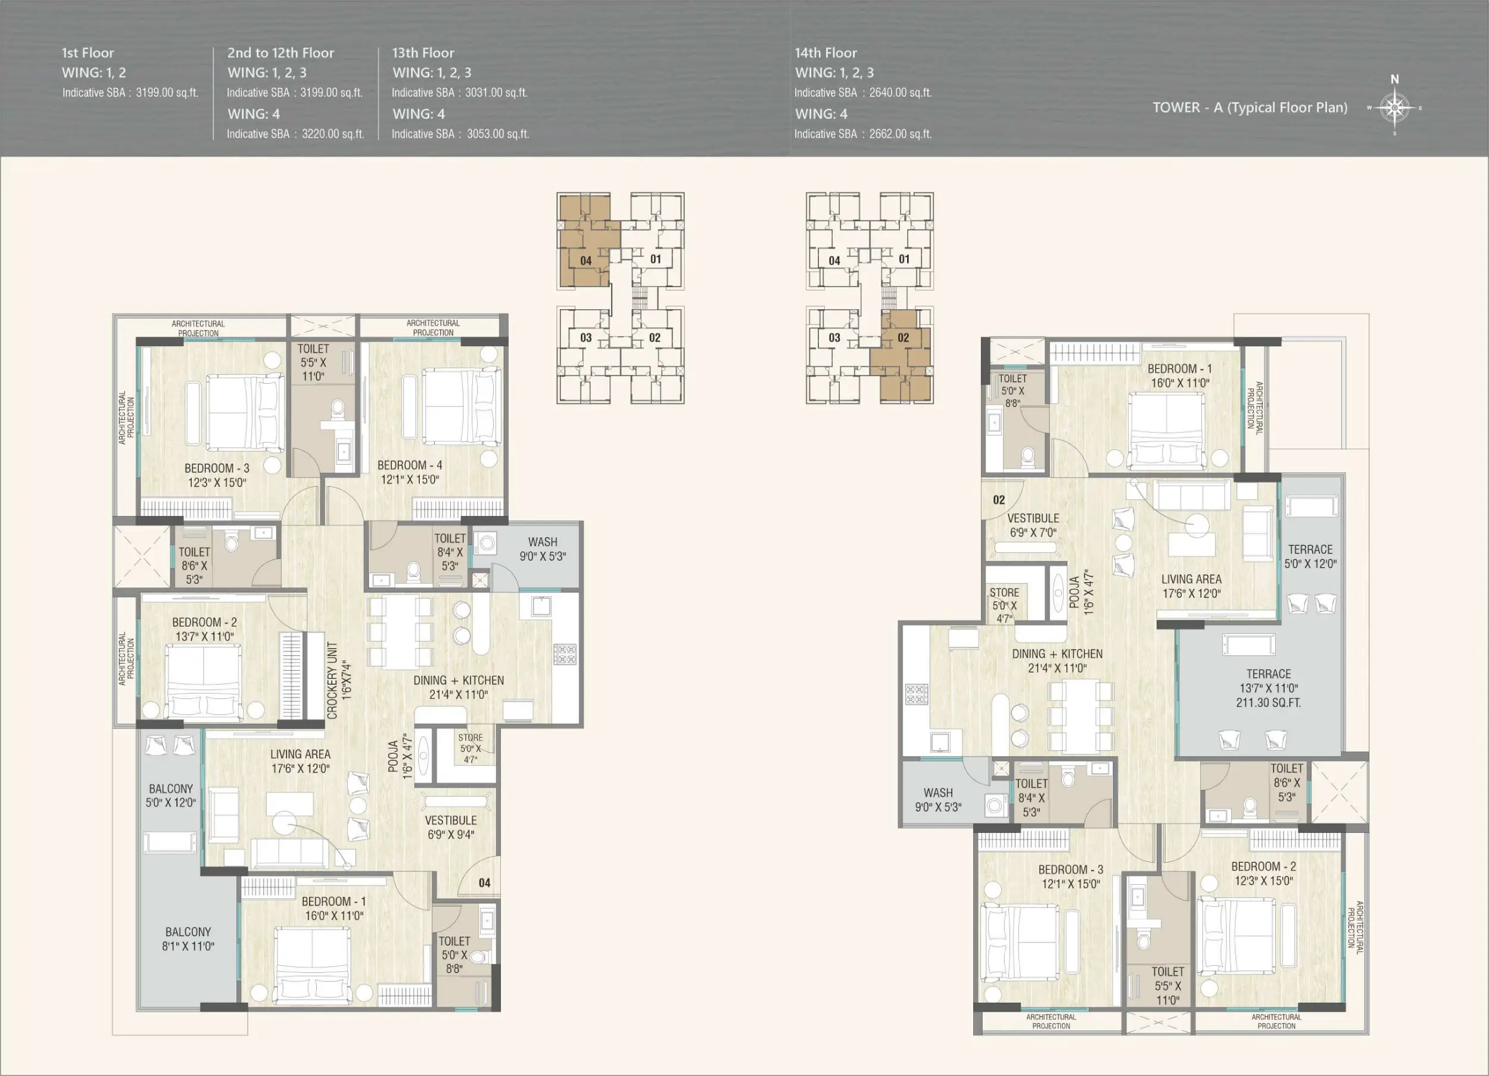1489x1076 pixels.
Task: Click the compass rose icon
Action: (1394, 107)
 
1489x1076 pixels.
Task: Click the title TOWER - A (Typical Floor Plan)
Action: (1250, 107)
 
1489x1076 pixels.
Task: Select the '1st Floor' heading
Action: (88, 52)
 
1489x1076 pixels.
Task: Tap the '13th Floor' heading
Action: (423, 52)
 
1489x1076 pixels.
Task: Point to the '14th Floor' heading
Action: (826, 52)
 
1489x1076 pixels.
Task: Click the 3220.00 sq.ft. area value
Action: (333, 134)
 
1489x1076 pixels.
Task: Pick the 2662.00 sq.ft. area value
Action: (900, 134)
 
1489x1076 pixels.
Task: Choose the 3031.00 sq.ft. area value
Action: (496, 92)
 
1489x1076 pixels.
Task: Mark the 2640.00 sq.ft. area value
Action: (900, 92)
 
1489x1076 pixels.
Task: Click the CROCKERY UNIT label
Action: (332, 680)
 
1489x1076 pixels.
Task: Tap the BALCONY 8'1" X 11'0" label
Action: (188, 939)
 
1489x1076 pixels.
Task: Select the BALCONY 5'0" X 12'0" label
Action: (171, 795)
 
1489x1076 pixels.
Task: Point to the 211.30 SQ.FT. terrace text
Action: (1269, 702)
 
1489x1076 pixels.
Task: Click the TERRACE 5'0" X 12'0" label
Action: (1310, 556)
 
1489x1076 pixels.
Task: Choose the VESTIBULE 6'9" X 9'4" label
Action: (450, 827)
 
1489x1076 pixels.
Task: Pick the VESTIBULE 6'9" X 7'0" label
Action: (1033, 525)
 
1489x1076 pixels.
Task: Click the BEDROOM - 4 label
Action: (410, 465)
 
